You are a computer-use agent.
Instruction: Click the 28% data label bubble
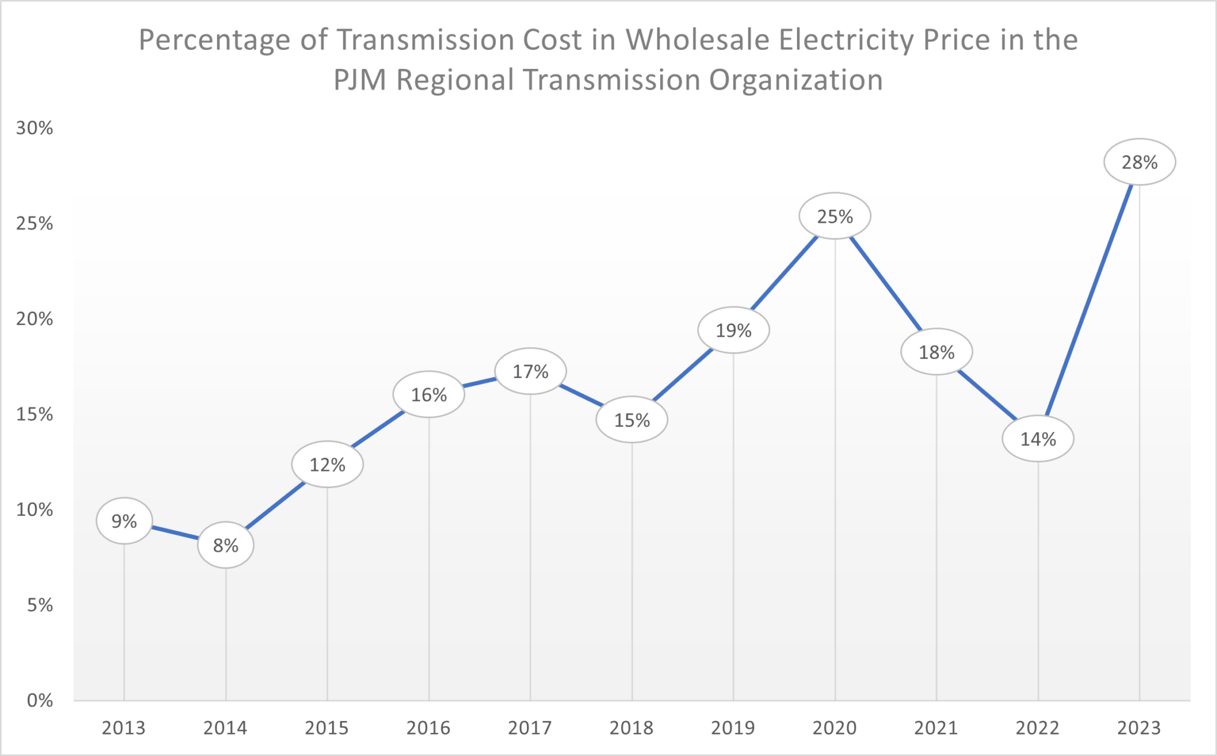[1139, 162]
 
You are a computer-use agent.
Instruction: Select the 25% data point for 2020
[834, 216]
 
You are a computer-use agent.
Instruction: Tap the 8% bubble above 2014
[225, 545]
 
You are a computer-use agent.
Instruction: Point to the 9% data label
[124, 521]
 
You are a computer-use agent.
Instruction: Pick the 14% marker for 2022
[1038, 439]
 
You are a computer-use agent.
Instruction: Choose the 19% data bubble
[733, 330]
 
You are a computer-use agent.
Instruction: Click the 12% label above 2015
[327, 465]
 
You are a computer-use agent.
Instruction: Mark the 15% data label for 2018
[632, 420]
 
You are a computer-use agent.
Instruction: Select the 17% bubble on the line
[530, 371]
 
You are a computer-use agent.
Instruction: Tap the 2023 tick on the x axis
[1139, 727]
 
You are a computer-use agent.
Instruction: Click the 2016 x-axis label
[428, 727]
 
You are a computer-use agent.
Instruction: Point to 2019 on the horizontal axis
[733, 727]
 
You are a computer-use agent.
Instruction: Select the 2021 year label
[936, 727]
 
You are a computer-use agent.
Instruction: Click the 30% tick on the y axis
[34, 128]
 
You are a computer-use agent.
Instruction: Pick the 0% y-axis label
[40, 700]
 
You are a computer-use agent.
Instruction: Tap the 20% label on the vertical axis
[34, 319]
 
